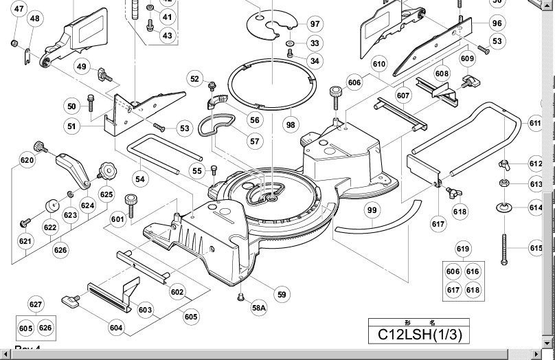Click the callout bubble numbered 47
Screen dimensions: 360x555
click(x=19, y=10)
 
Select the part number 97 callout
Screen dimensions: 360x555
click(x=315, y=24)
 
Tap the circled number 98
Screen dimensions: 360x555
click(x=291, y=125)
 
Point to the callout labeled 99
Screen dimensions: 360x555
click(x=372, y=210)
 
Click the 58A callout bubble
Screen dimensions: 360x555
click(x=258, y=308)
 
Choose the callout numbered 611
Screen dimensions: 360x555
click(x=535, y=123)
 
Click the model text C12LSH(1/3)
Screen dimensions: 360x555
click(x=420, y=335)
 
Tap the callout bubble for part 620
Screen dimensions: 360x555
click(x=27, y=161)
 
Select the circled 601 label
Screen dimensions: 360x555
click(x=118, y=220)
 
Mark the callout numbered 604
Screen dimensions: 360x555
click(x=116, y=328)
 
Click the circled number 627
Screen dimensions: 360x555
click(x=36, y=304)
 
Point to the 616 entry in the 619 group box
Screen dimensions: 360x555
click(x=473, y=272)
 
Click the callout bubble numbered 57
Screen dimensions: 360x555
click(x=256, y=142)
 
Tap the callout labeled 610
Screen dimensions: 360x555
click(x=379, y=64)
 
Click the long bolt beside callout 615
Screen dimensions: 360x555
click(x=506, y=248)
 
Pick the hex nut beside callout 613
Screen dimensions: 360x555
click(x=503, y=183)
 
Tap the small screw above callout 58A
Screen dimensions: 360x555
click(x=241, y=297)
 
